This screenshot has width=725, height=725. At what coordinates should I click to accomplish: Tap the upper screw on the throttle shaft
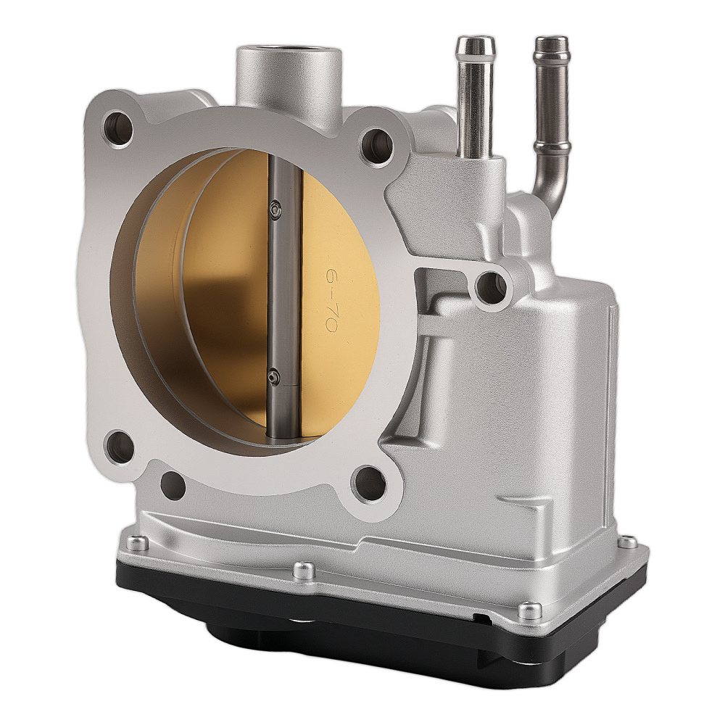point(275,209)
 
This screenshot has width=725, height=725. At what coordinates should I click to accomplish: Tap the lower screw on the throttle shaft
point(273,375)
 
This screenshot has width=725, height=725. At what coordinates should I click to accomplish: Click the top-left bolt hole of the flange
point(118,128)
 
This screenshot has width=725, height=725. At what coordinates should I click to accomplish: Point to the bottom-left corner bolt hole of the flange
point(119,447)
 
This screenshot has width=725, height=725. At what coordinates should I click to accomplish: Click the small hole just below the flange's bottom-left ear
point(173,484)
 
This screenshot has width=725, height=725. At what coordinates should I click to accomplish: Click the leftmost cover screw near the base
point(136,543)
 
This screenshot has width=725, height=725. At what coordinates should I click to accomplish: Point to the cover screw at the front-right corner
point(529,611)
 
